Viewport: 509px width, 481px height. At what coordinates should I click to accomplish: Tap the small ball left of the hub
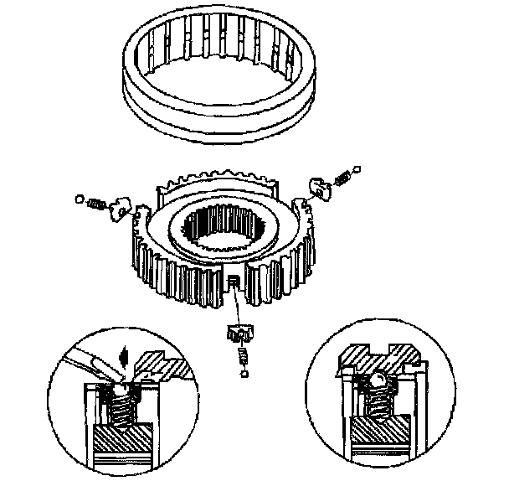click(80, 200)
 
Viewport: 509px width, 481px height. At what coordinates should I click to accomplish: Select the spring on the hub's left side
click(96, 204)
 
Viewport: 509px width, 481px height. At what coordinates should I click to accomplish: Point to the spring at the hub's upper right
click(341, 179)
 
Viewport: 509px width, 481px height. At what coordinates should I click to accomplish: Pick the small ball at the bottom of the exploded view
click(242, 374)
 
